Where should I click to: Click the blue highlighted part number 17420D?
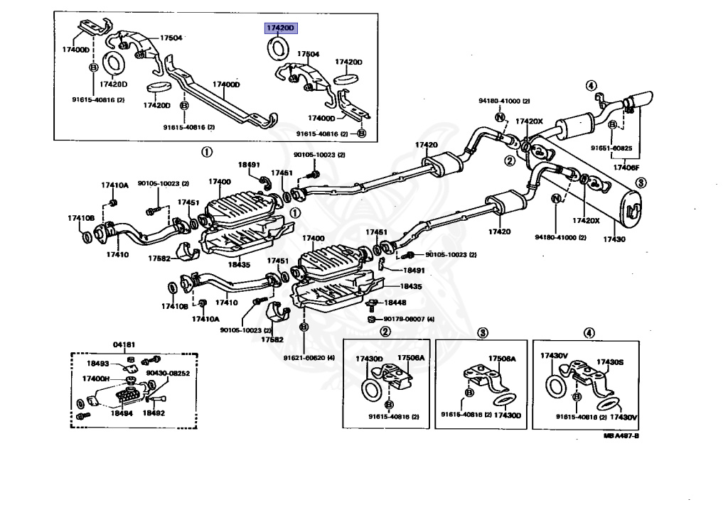coord(279,28)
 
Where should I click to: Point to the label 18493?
coord(98,364)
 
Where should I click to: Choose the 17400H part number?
coord(95,378)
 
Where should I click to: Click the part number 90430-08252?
coord(168,373)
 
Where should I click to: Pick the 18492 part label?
coord(154,412)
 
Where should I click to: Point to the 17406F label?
coord(626,168)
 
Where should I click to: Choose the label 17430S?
coord(610,361)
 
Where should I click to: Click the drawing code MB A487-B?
coord(621,436)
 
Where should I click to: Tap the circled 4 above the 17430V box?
coord(589,333)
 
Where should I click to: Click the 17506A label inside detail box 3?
coord(502,359)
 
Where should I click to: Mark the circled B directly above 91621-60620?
coord(304,327)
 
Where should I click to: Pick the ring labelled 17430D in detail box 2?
coord(370,391)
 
